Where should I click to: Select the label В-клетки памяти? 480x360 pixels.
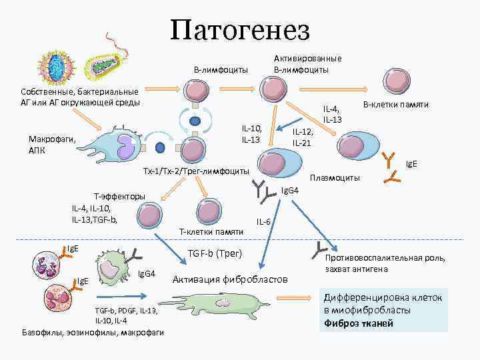tap(395, 105)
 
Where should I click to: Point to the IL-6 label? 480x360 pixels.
tap(263, 221)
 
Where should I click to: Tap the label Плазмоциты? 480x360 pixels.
tap(335, 178)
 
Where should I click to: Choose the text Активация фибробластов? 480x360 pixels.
tap(230, 279)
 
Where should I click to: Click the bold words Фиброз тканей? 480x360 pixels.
tap(357, 323)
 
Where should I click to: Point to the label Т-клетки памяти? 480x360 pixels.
tap(211, 231)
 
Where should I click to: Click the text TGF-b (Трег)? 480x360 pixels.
tap(215, 253)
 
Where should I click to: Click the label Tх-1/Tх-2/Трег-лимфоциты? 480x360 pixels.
tap(196, 171)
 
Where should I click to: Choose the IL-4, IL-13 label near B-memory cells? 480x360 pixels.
tap(332, 114)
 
